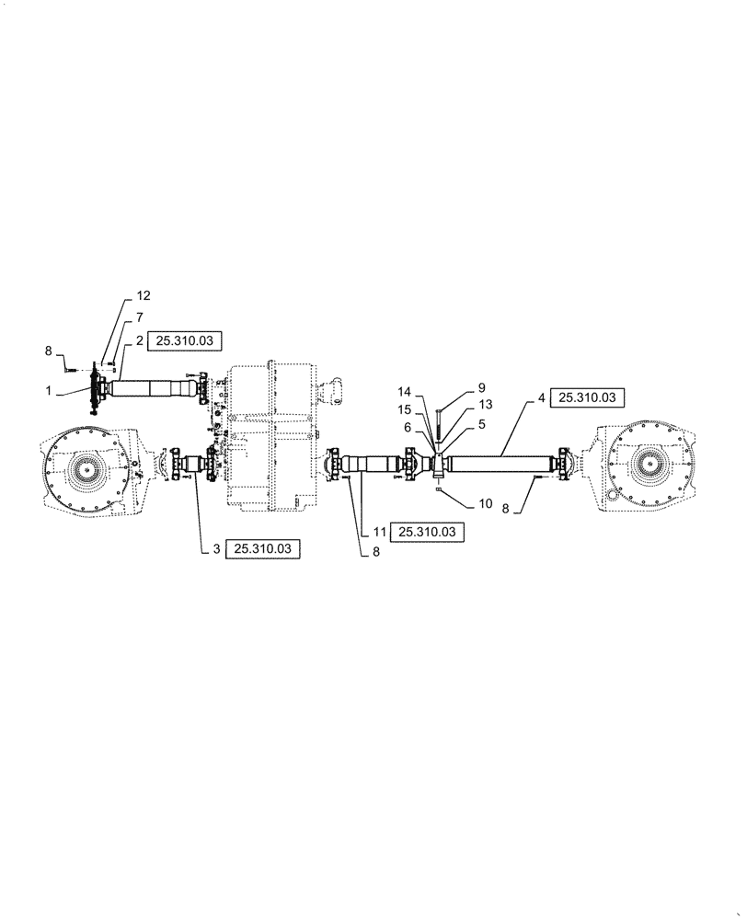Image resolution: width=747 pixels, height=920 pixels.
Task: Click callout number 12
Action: click(x=143, y=295)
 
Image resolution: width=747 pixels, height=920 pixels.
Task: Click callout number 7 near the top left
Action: click(x=140, y=317)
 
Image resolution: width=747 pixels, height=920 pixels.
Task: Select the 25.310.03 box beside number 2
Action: click(x=184, y=340)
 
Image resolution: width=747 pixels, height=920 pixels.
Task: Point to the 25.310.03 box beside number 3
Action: click(x=263, y=548)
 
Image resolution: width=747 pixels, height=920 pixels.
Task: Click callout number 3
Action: click(x=216, y=548)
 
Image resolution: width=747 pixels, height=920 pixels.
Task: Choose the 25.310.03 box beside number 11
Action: click(x=428, y=532)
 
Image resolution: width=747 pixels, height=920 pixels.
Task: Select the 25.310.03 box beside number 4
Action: click(x=588, y=397)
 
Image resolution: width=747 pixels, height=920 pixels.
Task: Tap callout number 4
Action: click(x=543, y=397)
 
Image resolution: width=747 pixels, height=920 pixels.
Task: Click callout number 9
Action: click(x=481, y=388)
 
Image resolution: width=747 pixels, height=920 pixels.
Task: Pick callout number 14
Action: click(x=404, y=390)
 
